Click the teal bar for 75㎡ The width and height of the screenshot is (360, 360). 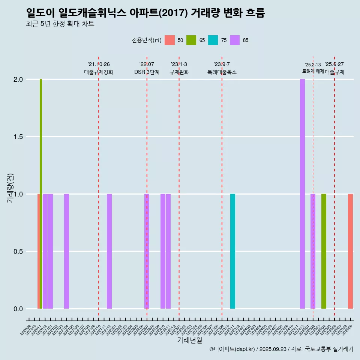(232, 251)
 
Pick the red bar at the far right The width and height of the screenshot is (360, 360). (350, 251)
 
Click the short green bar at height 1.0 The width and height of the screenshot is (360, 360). (324, 251)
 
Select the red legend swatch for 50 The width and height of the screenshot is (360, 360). (170, 40)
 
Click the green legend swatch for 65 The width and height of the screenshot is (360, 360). (191, 40)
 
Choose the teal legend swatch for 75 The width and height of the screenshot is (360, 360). (213, 40)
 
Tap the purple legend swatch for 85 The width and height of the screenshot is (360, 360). (235, 40)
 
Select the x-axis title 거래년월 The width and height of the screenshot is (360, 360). (189, 340)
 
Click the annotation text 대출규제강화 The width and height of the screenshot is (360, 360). (99, 72)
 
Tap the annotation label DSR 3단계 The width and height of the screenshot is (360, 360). (147, 72)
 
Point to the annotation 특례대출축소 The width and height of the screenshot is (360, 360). (222, 72)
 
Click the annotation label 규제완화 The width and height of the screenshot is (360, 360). (179, 72)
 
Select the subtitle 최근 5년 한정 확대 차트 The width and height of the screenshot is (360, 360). (60, 24)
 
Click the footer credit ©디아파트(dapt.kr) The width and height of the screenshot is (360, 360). (232, 349)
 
